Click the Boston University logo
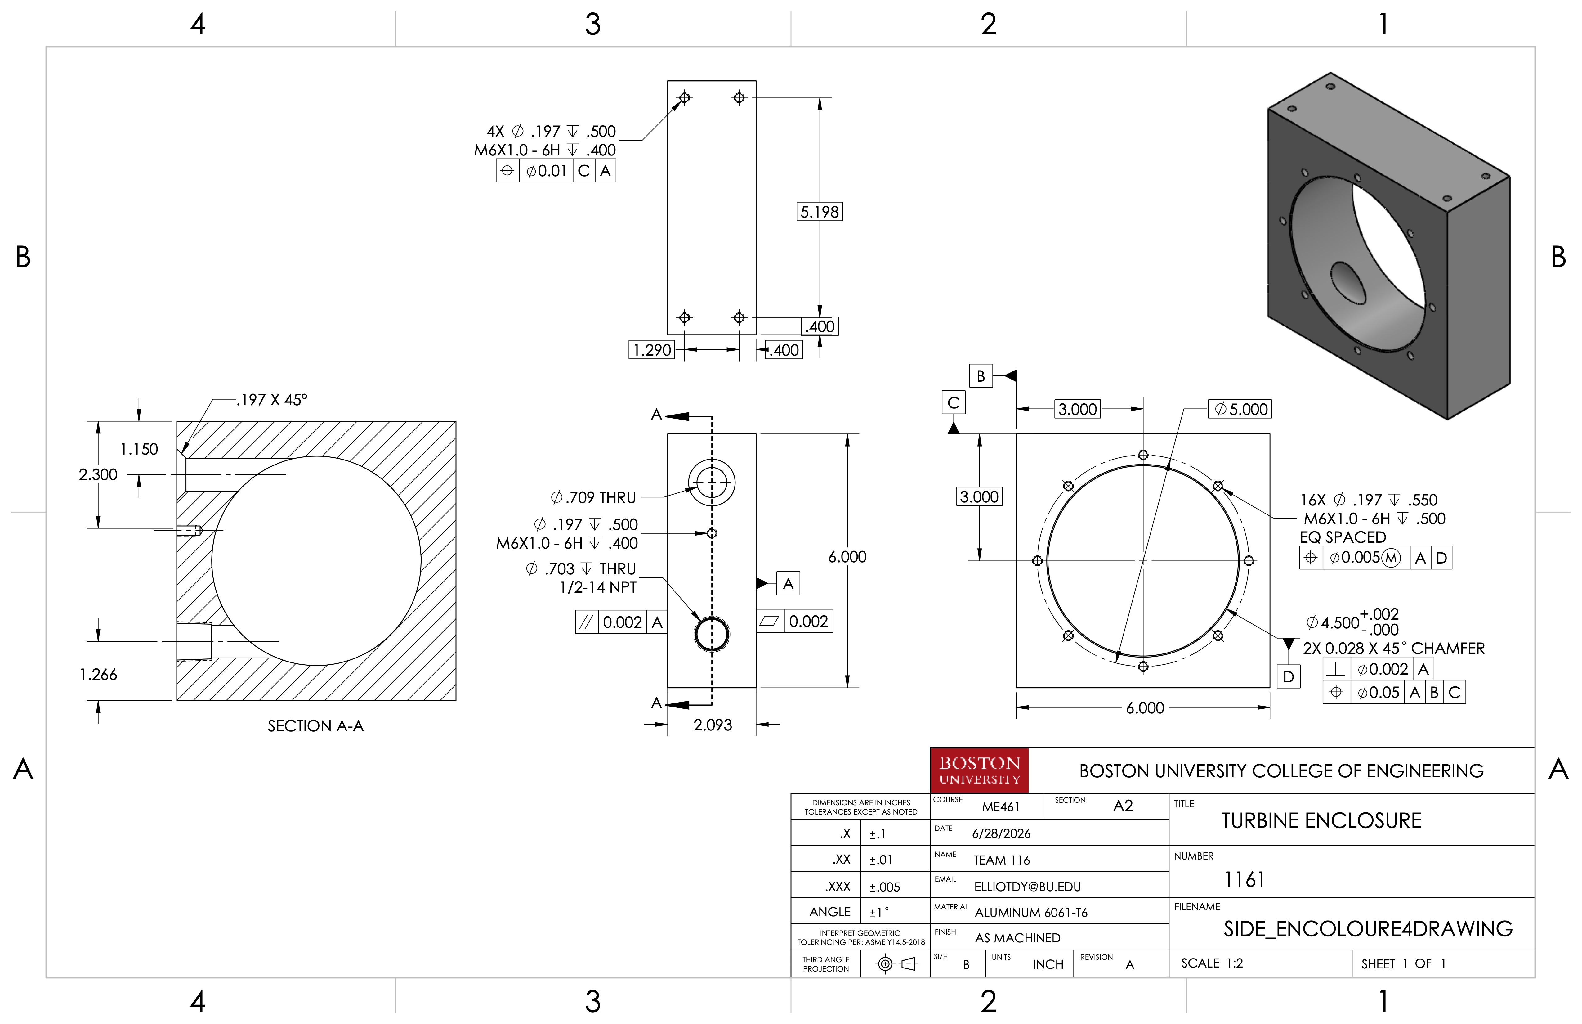(x=979, y=770)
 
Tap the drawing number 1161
(x=1244, y=880)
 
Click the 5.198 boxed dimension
(x=820, y=211)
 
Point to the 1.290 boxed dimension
(x=651, y=350)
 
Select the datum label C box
(x=953, y=402)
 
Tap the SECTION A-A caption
(x=316, y=725)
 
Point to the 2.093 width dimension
(x=713, y=725)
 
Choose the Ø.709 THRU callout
(x=593, y=497)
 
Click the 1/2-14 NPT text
(x=597, y=587)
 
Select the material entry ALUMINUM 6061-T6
(x=1031, y=912)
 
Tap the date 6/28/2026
(x=1001, y=833)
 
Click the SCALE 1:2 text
(x=1212, y=963)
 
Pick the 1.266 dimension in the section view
(x=98, y=674)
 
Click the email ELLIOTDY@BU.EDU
(x=1028, y=886)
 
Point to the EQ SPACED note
(x=1343, y=537)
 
